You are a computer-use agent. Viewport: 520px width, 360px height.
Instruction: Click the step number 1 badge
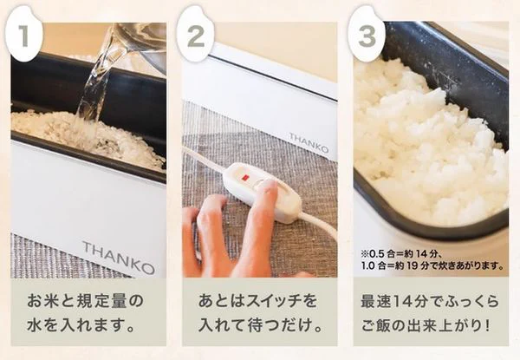[x=24, y=34]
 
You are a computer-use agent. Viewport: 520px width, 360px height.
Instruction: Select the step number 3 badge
[x=367, y=34]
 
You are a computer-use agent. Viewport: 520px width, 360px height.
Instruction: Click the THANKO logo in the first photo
[x=119, y=258]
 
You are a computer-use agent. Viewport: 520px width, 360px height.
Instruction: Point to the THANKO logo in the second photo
[x=309, y=142]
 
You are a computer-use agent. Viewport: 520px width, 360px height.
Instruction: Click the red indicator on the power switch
[x=245, y=178]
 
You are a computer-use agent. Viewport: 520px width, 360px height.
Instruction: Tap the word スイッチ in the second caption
[x=273, y=301]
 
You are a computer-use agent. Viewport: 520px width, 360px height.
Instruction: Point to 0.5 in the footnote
[x=376, y=254]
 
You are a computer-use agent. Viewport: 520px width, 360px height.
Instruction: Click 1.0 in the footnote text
[x=368, y=265]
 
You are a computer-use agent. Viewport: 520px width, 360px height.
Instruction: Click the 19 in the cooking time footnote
[x=412, y=265]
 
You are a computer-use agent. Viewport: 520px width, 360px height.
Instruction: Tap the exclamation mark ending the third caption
[x=487, y=325]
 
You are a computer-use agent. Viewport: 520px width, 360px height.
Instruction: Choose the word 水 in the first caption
[x=35, y=325]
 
